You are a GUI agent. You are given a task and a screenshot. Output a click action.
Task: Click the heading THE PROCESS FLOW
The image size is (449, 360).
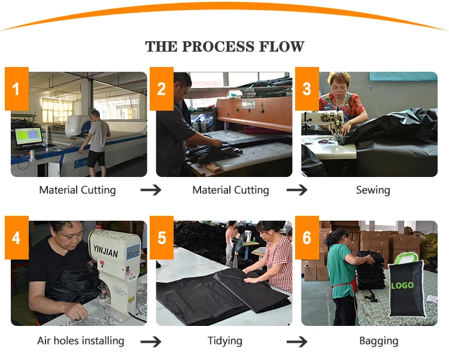pyautogui.click(x=224, y=47)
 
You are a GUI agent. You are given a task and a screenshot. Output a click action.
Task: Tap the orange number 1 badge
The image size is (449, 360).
pyautogui.click(x=16, y=89)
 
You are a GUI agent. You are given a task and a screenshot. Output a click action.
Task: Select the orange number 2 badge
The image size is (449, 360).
pyautogui.click(x=162, y=89)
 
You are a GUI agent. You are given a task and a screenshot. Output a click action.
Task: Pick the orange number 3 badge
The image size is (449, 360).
pyautogui.click(x=307, y=89)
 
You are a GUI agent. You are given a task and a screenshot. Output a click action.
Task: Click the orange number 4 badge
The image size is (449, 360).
pyautogui.click(x=16, y=237)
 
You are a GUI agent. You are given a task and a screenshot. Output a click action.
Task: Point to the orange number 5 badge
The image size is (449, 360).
pyautogui.click(x=162, y=237)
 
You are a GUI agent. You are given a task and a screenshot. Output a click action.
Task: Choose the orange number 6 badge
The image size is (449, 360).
pyautogui.click(x=307, y=237)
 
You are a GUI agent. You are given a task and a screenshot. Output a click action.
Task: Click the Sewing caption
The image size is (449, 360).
pyautogui.click(x=373, y=190)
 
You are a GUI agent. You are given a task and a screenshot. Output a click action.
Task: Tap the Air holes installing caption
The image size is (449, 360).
pyautogui.click(x=81, y=341)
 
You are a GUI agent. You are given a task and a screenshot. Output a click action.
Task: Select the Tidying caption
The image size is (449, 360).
pyautogui.click(x=225, y=341)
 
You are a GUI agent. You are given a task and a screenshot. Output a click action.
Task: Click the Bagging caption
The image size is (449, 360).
pyautogui.click(x=378, y=341)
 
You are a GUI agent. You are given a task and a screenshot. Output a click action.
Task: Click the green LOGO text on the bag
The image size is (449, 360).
pyautogui.click(x=402, y=285)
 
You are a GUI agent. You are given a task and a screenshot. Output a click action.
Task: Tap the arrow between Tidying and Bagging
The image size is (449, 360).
pyautogui.click(x=297, y=341)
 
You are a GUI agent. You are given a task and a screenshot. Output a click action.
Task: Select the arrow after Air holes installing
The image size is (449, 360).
pyautogui.click(x=151, y=341)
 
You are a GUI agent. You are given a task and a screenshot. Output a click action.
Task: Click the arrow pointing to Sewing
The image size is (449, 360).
pyautogui.click(x=297, y=190)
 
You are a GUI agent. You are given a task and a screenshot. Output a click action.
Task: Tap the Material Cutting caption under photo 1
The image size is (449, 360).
pyautogui.click(x=77, y=190)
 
